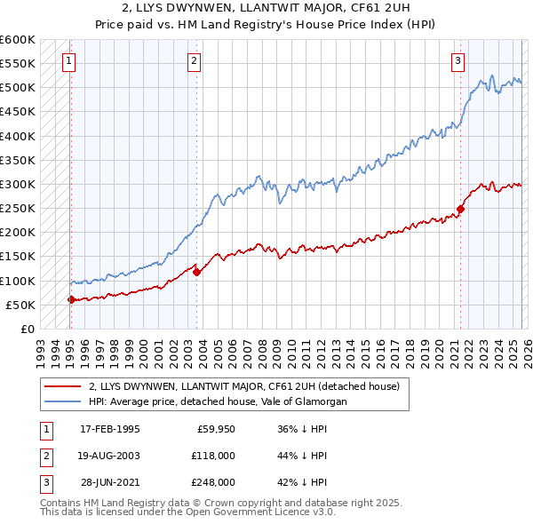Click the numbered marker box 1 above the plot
coord(69,61)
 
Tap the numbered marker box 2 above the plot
coord(194,61)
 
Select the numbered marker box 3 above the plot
coord(457,61)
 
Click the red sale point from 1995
coord(71,299)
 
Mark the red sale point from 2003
coord(197,272)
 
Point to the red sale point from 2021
coord(461,209)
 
